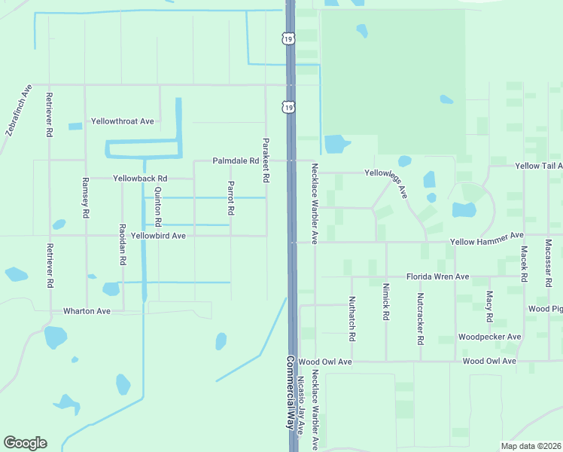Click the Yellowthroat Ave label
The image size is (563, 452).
coord(122,121)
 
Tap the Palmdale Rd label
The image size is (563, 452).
coord(235,161)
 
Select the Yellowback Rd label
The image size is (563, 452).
coord(138,179)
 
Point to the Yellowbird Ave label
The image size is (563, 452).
coord(158,236)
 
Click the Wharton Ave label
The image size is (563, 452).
coord(87,310)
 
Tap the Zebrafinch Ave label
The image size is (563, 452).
coord(19,110)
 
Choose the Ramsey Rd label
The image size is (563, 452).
coord(86,198)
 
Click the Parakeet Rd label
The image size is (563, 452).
coord(266,160)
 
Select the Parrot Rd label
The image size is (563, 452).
coord(232,197)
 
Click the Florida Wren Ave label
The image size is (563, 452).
coord(437,277)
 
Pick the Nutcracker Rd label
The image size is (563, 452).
coord(421,319)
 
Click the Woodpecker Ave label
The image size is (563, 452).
coord(489,337)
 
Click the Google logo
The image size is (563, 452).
coord(25,443)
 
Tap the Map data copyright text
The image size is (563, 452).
coord(531,445)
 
